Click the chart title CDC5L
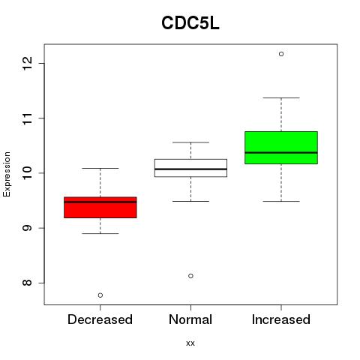click(x=190, y=23)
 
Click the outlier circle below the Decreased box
click(x=100, y=295)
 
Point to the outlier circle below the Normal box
click(x=190, y=276)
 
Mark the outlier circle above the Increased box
click(x=281, y=54)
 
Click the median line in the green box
click(x=281, y=152)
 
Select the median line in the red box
click(x=100, y=202)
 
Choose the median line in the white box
click(x=190, y=169)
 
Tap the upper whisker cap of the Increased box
click(x=281, y=97)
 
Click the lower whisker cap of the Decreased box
click(x=100, y=233)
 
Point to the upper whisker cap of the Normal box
click(x=190, y=142)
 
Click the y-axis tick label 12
click(x=28, y=63)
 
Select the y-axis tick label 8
click(x=28, y=283)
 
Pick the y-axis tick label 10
click(x=28, y=173)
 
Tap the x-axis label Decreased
click(x=100, y=319)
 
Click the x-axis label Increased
click(x=281, y=319)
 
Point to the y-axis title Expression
click(x=7, y=174)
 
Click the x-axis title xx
click(x=190, y=343)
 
